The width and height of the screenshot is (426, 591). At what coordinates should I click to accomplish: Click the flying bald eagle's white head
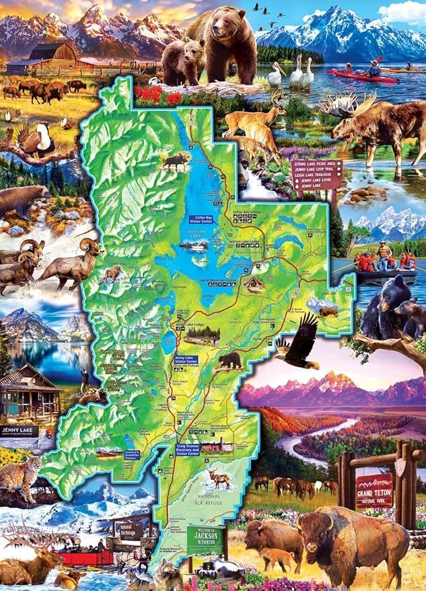click(280, 344)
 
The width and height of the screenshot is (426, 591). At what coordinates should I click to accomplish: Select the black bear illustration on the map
click(229, 360)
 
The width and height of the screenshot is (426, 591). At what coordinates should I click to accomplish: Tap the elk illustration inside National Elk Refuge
click(219, 478)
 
